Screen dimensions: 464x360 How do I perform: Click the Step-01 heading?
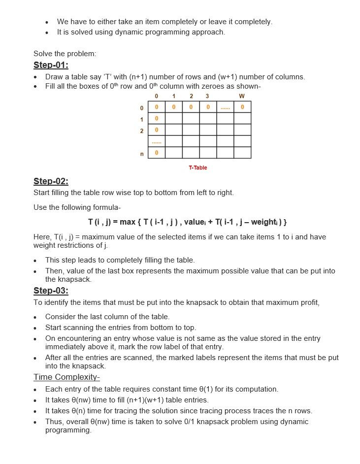pyautogui.click(x=51, y=65)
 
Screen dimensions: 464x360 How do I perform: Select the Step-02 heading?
pyautogui.click(x=51, y=181)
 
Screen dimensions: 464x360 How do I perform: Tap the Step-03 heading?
pyautogui.click(x=51, y=291)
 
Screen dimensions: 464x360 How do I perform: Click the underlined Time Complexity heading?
pyautogui.click(x=66, y=377)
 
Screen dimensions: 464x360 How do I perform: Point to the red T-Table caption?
pyautogui.click(x=197, y=168)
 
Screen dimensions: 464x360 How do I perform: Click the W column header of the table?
pyautogui.click(x=242, y=96)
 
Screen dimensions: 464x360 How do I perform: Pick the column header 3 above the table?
pyautogui.click(x=207, y=96)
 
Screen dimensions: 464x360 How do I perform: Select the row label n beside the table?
pyautogui.click(x=142, y=154)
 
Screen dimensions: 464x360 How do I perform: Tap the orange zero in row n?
pyautogui.click(x=157, y=153)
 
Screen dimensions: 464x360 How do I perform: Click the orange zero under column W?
pyautogui.click(x=242, y=107)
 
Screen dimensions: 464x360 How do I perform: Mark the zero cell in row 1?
pyautogui.click(x=157, y=119)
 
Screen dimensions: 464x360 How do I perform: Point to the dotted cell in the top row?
pyautogui.click(x=225, y=107)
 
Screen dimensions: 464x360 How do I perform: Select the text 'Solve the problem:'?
pyautogui.click(x=65, y=54)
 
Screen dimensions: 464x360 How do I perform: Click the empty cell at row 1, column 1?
pyautogui.click(x=173, y=119)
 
